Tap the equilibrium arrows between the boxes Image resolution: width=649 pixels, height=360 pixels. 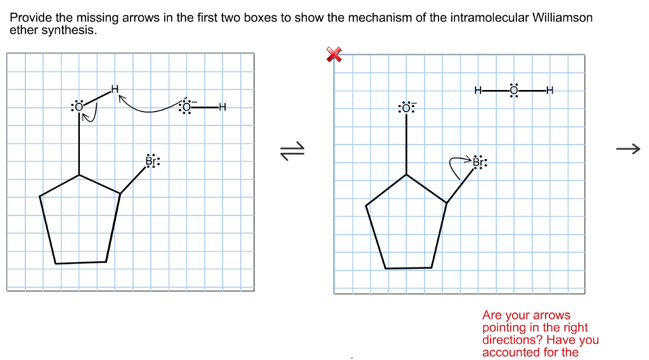[x=293, y=150]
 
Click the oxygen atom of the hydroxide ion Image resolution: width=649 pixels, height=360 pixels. [x=186, y=107]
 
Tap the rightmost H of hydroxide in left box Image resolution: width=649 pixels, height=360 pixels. [x=222, y=107]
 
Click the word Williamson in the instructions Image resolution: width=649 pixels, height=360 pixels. [x=563, y=18]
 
